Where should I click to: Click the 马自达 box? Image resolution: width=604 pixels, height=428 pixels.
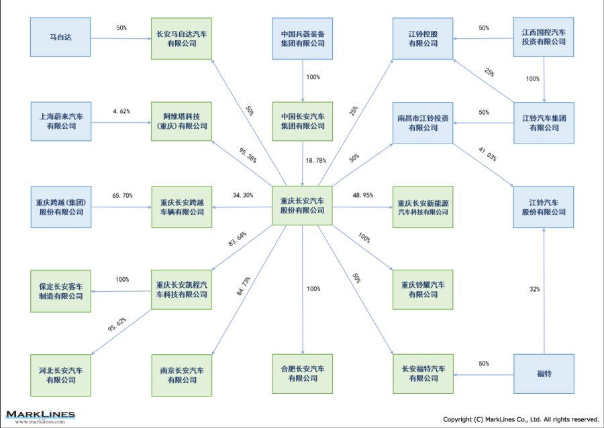[60, 38]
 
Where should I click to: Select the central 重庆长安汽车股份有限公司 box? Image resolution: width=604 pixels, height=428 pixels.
[302, 205]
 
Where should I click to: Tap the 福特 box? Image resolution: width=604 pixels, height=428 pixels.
[544, 374]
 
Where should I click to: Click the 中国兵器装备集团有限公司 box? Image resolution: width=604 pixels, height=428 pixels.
[302, 38]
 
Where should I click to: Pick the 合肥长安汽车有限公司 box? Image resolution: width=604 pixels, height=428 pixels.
[302, 374]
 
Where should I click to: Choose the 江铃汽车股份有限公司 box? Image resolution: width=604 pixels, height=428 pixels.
[544, 207]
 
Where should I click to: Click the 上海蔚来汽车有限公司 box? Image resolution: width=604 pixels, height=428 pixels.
[60, 121]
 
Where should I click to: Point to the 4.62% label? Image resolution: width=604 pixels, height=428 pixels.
[121, 111]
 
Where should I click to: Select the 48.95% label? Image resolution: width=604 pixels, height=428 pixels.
[362, 195]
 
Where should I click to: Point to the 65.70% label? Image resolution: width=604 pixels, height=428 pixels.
[122, 195]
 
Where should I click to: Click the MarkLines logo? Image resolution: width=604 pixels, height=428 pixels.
[41, 416]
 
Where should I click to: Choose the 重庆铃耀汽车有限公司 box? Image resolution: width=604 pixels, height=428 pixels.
[423, 290]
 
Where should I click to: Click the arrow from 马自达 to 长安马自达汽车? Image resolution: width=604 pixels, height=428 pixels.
[121, 38]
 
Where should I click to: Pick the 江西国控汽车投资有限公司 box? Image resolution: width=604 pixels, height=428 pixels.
[544, 38]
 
